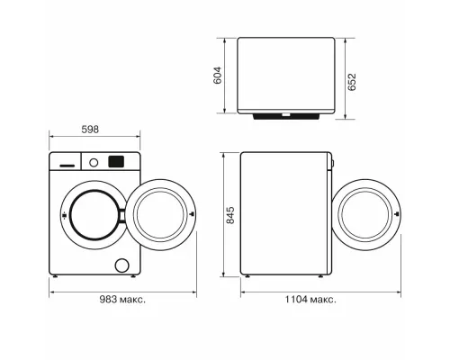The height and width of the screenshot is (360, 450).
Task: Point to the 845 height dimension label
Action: tap(229, 216)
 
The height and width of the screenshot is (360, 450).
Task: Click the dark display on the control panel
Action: tap(116, 162)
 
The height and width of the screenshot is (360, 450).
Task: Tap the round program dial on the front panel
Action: tap(93, 162)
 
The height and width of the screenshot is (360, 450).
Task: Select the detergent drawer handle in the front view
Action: tap(68, 165)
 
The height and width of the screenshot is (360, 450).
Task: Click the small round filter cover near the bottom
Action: tap(122, 265)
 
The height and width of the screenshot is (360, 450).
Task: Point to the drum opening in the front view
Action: tap(94, 215)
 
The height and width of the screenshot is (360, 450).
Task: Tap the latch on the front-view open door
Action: tap(193, 214)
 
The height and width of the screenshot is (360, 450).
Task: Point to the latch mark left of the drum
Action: tap(65, 215)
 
